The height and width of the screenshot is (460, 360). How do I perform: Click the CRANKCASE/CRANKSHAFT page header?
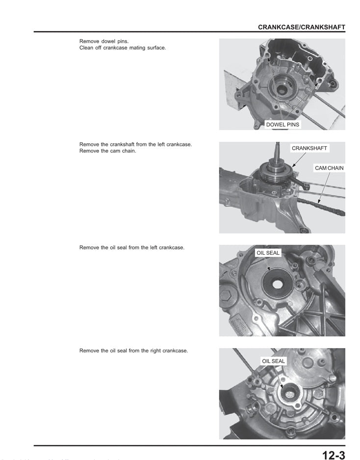(x=301, y=27)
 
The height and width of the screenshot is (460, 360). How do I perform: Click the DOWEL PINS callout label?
(x=282, y=125)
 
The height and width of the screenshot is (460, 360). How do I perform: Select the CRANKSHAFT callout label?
(x=309, y=148)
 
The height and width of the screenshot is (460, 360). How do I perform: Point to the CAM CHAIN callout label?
(x=329, y=168)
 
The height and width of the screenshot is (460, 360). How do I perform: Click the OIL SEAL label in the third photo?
(x=268, y=253)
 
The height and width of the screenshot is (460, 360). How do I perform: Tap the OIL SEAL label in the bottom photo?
(x=273, y=361)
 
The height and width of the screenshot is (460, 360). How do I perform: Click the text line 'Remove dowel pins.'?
(x=104, y=41)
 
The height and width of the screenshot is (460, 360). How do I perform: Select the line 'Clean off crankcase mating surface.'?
(x=122, y=48)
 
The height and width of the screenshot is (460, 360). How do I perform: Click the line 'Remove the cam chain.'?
(x=107, y=151)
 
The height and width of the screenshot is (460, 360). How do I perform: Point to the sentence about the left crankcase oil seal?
(x=131, y=247)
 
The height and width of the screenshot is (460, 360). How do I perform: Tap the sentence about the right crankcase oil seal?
(x=133, y=351)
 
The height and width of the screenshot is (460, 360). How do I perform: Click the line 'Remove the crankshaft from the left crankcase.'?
(x=135, y=144)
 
